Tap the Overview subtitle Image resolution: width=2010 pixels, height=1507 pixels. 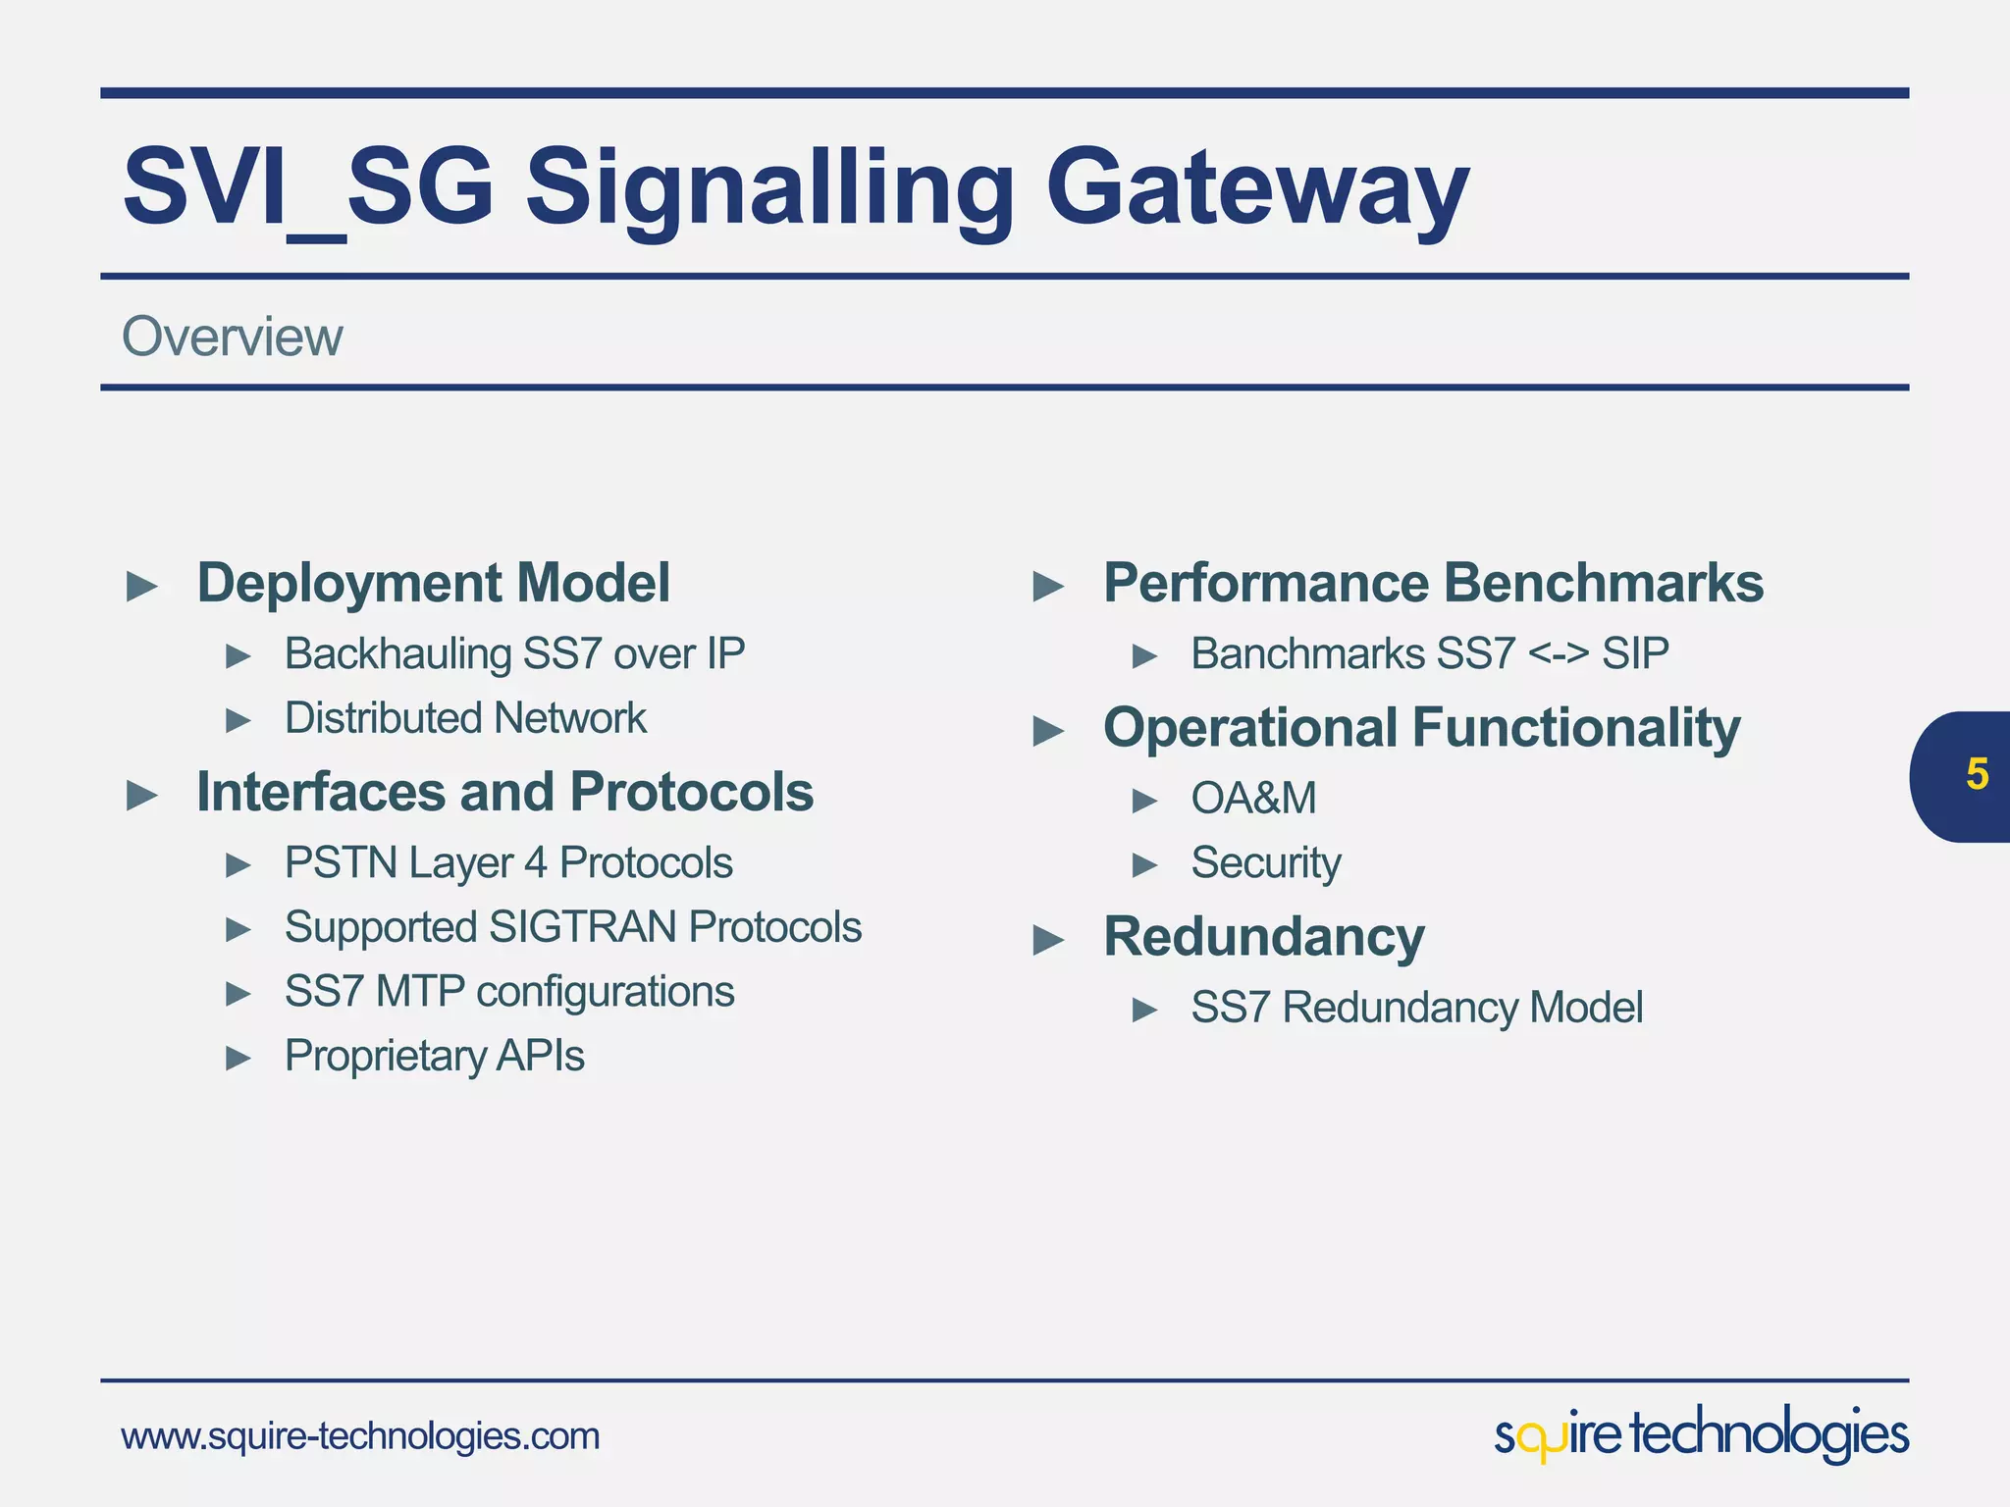pyautogui.click(x=232, y=337)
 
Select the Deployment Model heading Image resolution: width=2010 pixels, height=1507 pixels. pyautogui.click(x=433, y=583)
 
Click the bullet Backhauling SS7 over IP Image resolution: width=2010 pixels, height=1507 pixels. pyautogui.click(x=514, y=653)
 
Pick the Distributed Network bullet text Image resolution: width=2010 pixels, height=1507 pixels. pyautogui.click(x=465, y=718)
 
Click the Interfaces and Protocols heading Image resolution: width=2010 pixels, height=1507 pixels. pyautogui.click(x=504, y=792)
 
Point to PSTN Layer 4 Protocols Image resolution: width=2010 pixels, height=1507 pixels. pyautogui.click(x=508, y=863)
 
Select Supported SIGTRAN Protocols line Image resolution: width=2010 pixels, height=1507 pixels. pyautogui.click(x=572, y=927)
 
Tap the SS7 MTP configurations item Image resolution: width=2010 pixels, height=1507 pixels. pyautogui.click(x=508, y=992)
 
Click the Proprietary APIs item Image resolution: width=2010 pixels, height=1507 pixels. pyautogui.click(x=434, y=1057)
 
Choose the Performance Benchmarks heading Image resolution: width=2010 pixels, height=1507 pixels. pyautogui.click(x=1433, y=583)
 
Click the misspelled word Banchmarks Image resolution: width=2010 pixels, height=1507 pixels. pyautogui.click(x=1304, y=653)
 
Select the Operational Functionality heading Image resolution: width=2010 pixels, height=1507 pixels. pyautogui.click(x=1421, y=728)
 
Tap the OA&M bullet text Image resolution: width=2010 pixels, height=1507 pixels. pyautogui.click(x=1253, y=799)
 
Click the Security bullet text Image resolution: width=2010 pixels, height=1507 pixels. pyautogui.click(x=1265, y=863)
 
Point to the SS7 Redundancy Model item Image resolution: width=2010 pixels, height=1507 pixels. pyautogui.click(x=1416, y=1008)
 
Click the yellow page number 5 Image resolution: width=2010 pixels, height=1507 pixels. pyautogui.click(x=1977, y=775)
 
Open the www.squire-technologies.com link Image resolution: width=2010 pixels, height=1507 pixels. pyautogui.click(x=360, y=1436)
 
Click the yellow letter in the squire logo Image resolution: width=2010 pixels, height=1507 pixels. pyautogui.click(x=1542, y=1442)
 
